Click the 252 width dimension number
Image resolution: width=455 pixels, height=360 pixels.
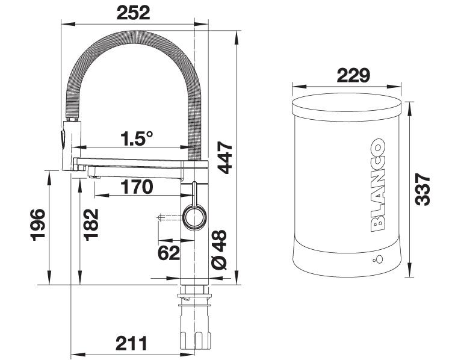click(133, 13)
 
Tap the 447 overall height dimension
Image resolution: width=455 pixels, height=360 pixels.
click(225, 157)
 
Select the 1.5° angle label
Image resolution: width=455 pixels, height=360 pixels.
click(137, 138)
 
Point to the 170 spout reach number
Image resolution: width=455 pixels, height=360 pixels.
click(137, 187)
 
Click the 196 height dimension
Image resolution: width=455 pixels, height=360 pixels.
click(38, 225)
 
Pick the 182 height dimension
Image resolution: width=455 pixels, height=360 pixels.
click(91, 225)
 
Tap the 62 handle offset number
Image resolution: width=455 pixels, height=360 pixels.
click(169, 253)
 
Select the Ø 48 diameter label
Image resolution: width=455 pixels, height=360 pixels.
click(219, 250)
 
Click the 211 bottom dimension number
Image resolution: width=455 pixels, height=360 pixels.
click(131, 344)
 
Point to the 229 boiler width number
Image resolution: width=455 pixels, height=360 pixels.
click(353, 75)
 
